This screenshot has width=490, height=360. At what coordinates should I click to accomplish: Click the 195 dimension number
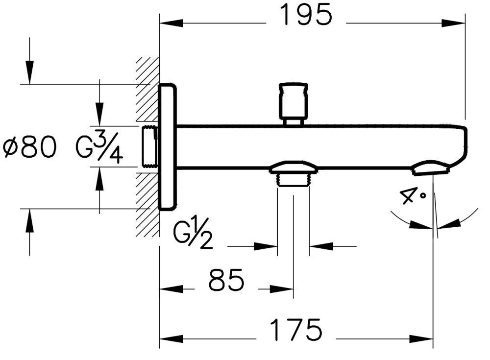point(306,16)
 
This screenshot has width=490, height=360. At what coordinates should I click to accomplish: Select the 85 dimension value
point(226,281)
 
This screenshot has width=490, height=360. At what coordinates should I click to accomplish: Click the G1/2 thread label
point(194,235)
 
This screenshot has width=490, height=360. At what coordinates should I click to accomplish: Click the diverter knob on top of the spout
point(294,101)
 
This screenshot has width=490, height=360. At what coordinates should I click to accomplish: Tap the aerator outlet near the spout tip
point(430,168)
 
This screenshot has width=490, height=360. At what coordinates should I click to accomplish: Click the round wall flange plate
point(167,147)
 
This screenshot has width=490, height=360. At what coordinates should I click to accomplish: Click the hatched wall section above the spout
point(147,88)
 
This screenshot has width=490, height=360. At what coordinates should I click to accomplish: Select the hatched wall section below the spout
point(147,206)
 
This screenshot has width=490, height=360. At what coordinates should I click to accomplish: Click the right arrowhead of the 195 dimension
point(456,23)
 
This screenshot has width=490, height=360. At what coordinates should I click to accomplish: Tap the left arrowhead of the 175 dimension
point(170,338)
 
